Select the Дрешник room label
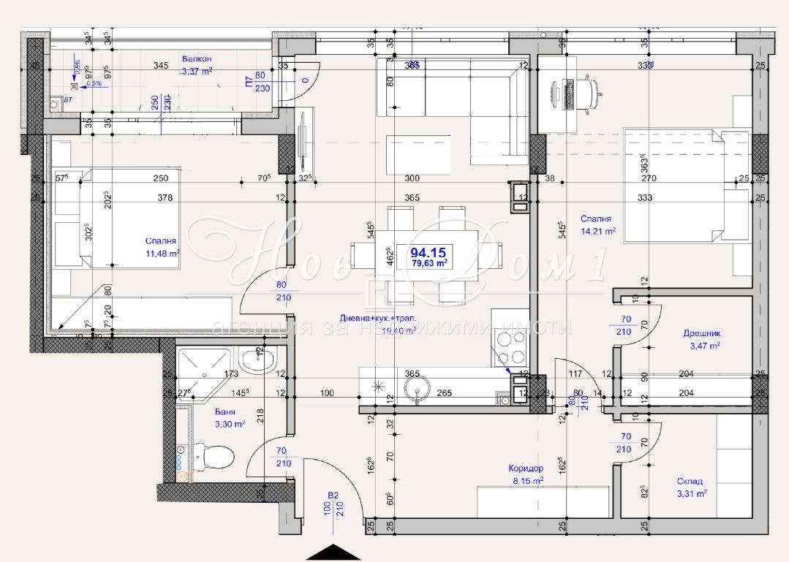pos(701,333)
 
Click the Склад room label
pos(690,482)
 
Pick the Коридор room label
pos(526,468)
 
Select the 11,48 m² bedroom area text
pos(162,254)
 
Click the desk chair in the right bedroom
pos(592,91)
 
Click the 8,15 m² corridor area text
pos(526,481)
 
